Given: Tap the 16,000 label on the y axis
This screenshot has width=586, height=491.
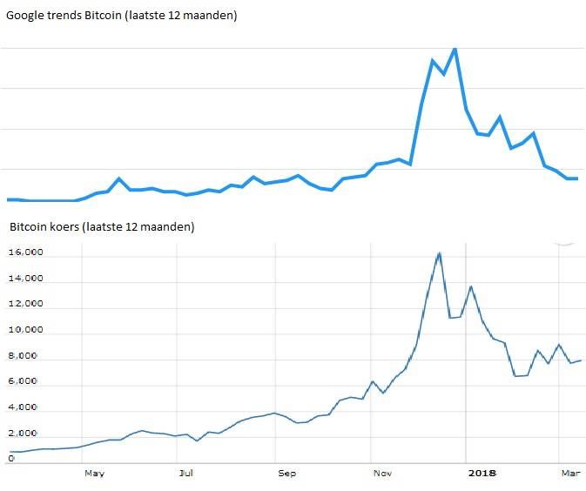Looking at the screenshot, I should pyautogui.click(x=27, y=253).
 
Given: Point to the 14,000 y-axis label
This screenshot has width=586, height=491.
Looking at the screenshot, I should pyautogui.click(x=27, y=279).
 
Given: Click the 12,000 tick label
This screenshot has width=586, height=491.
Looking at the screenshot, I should pyautogui.click(x=27, y=305).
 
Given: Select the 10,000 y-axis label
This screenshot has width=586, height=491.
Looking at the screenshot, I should pyautogui.click(x=27, y=331).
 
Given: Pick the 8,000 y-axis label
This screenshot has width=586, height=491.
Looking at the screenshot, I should pyautogui.click(x=30, y=356).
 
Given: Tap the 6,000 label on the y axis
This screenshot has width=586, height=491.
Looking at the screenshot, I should pyautogui.click(x=30, y=382).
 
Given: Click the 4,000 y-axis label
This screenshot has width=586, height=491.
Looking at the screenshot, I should pyautogui.click(x=30, y=407).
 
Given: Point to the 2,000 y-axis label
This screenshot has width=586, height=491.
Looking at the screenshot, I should pyautogui.click(x=30, y=434).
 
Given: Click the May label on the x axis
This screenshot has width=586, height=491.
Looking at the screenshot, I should pyautogui.click(x=94, y=474).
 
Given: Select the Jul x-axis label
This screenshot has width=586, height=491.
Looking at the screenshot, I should pyautogui.click(x=185, y=474).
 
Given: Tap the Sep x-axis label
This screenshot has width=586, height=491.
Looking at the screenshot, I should pyautogui.click(x=286, y=474).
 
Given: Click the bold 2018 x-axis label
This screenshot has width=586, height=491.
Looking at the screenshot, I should pyautogui.click(x=482, y=474).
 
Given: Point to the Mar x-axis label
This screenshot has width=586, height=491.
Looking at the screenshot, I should pyautogui.click(x=569, y=474).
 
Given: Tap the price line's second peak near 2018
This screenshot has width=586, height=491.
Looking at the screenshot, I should pyautogui.click(x=471, y=286).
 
